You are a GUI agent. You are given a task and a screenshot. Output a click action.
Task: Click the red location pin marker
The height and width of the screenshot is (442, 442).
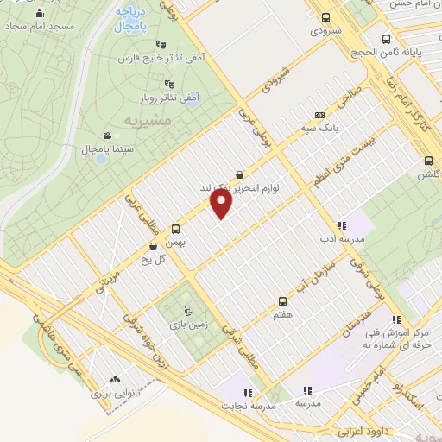pos(222,203)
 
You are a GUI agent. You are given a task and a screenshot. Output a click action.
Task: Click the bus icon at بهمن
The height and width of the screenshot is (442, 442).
pos(176,229)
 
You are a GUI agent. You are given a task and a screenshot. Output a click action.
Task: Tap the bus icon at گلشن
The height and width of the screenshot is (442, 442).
pos(428,161)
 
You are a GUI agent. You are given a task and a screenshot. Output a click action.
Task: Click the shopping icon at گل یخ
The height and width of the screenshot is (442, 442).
pos(153,246)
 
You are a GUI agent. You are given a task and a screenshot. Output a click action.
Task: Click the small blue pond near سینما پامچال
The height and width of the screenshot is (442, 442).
pos(100,159)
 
